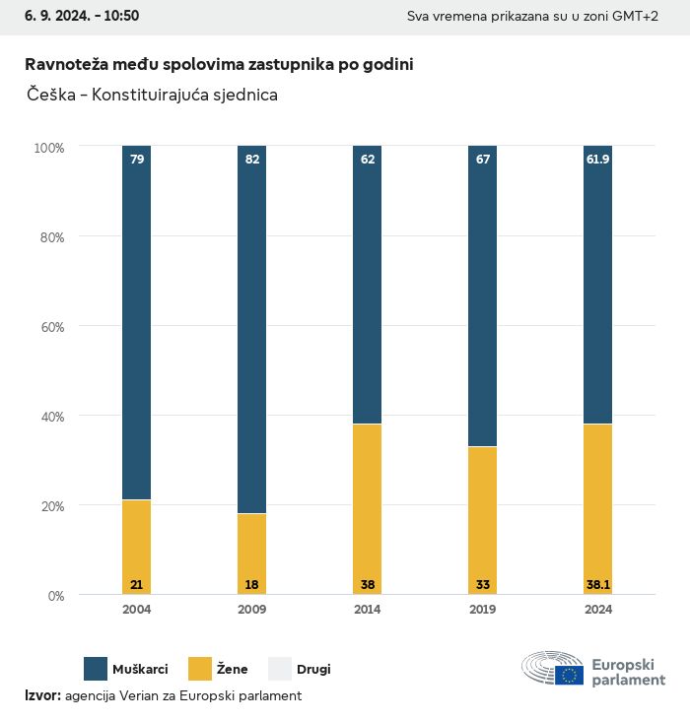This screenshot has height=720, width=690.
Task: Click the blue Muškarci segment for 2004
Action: click(137, 325)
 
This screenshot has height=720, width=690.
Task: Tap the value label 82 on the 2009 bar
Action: click(252, 159)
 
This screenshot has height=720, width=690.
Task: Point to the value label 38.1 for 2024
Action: click(598, 584)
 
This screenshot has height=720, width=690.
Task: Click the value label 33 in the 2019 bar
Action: click(483, 584)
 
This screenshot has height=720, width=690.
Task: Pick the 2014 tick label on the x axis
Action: click(368, 610)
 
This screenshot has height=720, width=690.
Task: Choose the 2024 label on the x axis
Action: click(598, 610)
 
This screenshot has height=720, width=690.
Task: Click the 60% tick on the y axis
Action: click(50, 326)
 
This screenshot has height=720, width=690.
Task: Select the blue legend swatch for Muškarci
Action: click(96, 669)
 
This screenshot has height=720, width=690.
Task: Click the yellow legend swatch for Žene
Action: click(201, 669)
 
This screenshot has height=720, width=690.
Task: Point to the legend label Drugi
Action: click(314, 670)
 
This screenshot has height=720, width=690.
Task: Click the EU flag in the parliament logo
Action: click(569, 675)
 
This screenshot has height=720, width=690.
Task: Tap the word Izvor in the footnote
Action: click(42, 695)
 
